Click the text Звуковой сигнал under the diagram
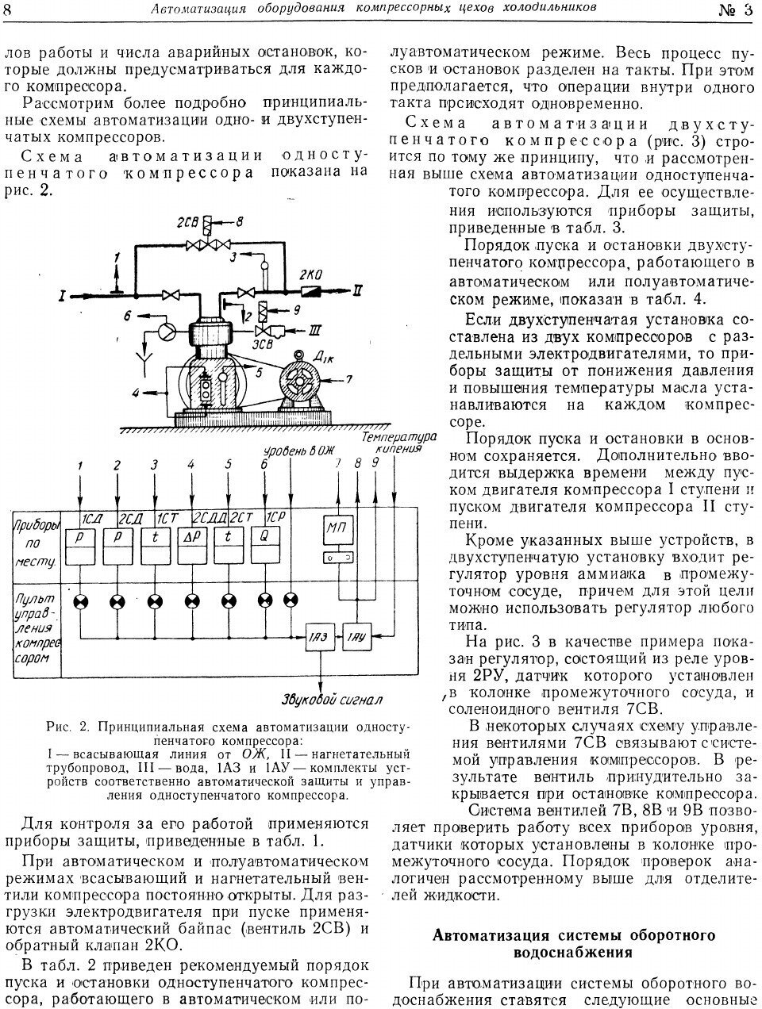pos(332,700)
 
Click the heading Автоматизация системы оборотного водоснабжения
pos(573,942)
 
